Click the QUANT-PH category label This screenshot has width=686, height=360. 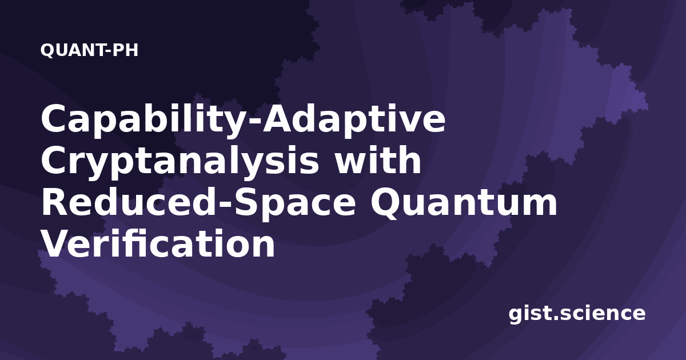coord(89,50)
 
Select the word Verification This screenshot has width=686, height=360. coord(158,243)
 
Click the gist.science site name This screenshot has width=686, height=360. coord(577,314)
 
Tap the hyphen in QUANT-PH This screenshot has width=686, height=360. coord(109,51)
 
